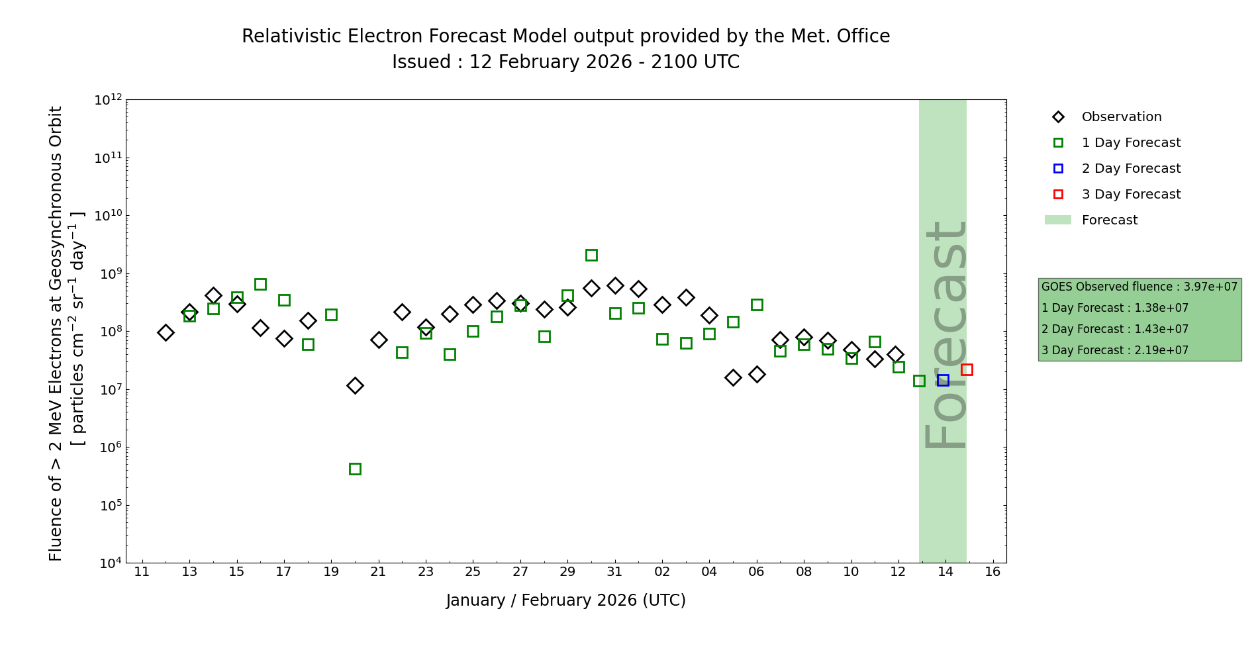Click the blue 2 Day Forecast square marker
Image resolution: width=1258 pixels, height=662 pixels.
943,380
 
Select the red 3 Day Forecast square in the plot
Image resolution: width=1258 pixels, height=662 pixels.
967,369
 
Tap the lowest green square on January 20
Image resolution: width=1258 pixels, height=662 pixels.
355,469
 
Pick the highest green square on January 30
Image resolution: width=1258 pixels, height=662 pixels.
591,255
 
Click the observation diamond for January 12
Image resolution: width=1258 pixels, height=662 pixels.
166,332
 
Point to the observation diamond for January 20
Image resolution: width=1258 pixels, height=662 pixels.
355,385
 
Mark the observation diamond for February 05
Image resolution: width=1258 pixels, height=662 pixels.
733,377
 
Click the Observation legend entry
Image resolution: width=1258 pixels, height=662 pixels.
1121,117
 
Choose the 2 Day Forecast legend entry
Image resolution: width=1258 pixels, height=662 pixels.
1131,169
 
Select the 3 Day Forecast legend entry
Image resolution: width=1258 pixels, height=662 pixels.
1131,195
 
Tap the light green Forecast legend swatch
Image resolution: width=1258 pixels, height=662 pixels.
1057,220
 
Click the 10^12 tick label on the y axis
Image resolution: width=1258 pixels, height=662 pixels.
108,100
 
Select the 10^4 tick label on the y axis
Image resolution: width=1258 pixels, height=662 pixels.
109,563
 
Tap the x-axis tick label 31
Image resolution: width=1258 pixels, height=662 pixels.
615,571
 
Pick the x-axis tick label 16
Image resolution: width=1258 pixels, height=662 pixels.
992,571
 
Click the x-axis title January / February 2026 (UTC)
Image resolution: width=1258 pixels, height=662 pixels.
566,600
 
